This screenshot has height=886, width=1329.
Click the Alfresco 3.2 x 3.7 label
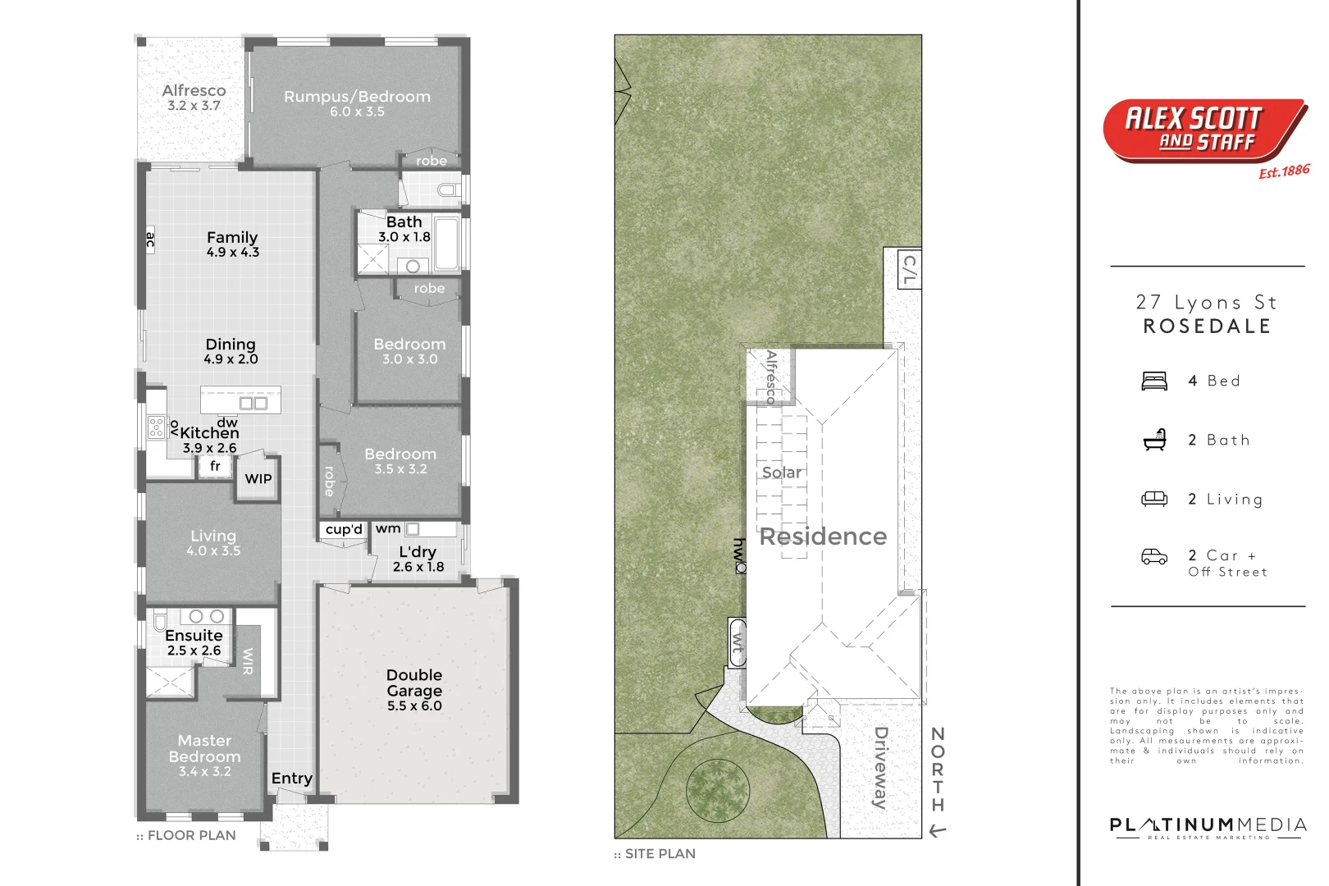click(194, 98)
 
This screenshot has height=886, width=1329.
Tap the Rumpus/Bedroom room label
click(357, 103)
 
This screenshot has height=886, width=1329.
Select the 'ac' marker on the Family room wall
click(150, 240)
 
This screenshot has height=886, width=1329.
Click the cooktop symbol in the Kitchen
click(156, 427)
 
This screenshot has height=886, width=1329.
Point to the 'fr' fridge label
click(215, 466)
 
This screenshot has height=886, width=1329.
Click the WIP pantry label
click(258, 479)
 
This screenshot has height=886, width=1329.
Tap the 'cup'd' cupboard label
click(344, 530)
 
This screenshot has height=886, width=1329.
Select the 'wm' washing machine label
click(388, 529)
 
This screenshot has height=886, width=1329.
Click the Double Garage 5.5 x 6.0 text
click(414, 690)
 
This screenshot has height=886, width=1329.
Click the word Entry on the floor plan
click(292, 779)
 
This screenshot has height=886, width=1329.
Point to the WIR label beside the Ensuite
click(248, 661)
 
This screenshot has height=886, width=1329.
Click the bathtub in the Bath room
click(447, 243)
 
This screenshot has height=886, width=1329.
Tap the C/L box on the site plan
click(909, 270)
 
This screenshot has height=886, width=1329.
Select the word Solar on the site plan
click(782, 473)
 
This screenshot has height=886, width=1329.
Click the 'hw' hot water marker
click(740, 555)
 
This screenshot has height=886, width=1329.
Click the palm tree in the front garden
click(718, 790)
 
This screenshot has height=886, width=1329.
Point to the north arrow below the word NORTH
click(938, 832)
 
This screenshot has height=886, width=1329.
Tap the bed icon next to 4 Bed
click(1154, 381)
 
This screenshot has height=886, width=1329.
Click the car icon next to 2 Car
click(1154, 557)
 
